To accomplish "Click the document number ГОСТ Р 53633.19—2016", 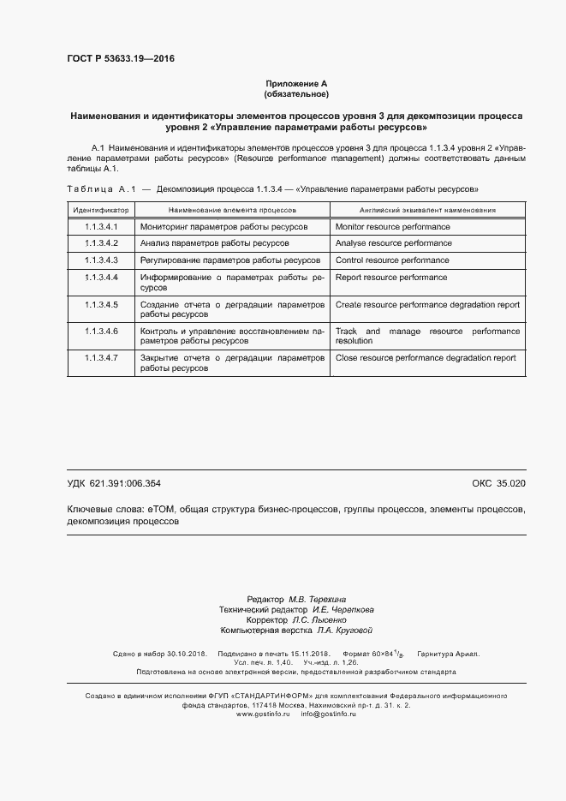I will click(x=120, y=59).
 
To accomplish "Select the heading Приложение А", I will click(x=296, y=83).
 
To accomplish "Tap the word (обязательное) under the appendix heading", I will click(x=296, y=93).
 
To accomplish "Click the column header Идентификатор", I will click(x=101, y=209).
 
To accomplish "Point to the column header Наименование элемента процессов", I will click(x=232, y=209).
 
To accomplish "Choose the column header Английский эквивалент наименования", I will click(x=427, y=209).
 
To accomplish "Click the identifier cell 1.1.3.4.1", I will click(x=101, y=227).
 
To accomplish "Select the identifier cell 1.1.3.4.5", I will click(x=101, y=304).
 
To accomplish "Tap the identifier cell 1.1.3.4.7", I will click(x=101, y=358).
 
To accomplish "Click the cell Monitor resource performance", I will click(x=392, y=227).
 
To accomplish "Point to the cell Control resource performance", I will click(x=392, y=260).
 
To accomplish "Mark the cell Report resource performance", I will click(x=391, y=277).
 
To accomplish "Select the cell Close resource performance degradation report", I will click(x=426, y=358).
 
